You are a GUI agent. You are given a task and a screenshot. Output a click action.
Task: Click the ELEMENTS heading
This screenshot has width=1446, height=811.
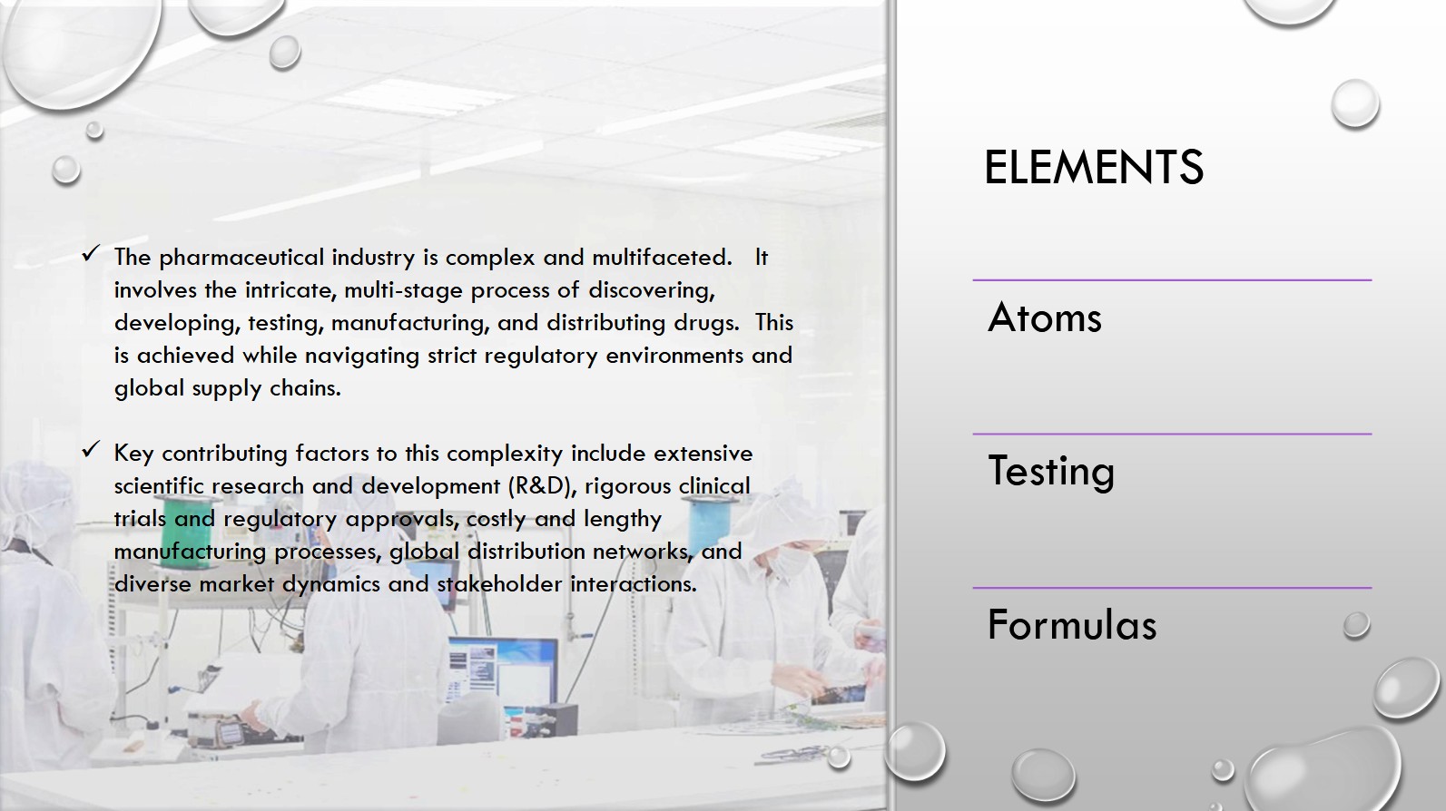1094,167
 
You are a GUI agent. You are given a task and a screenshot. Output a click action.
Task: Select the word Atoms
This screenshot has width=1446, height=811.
1045,318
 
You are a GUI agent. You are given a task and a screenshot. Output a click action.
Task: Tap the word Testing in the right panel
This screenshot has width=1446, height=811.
1051,471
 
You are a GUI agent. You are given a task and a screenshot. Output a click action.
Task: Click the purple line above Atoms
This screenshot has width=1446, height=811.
1172,280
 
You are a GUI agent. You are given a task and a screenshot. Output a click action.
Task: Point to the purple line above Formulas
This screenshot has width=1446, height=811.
1172,588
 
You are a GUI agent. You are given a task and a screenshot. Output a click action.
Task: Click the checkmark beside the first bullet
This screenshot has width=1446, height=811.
91,253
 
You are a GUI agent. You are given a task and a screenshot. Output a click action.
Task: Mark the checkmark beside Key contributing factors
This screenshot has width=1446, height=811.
91,449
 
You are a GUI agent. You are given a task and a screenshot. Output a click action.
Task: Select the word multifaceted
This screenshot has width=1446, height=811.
662,258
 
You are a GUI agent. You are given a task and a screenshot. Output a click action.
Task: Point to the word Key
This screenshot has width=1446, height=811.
133,454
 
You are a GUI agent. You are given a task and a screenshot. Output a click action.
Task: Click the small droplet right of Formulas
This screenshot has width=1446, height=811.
1356,624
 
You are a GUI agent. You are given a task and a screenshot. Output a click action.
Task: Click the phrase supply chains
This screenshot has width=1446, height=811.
266,389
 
